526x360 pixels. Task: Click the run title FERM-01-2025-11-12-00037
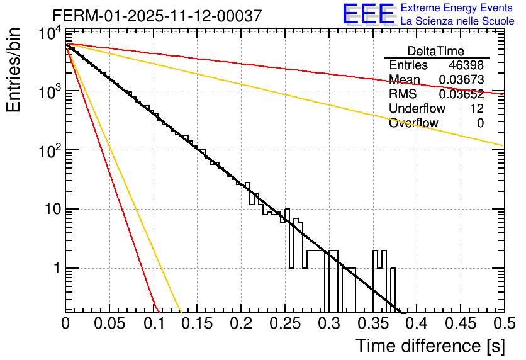tap(157, 16)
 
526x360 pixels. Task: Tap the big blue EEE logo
tap(368, 14)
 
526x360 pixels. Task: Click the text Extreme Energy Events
tap(457, 8)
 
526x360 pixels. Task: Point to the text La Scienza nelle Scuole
tap(457, 21)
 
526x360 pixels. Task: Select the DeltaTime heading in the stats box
tap(436, 51)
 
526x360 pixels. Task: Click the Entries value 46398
tap(466, 65)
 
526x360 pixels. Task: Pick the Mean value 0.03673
tap(461, 80)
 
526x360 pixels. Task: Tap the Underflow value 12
tap(477, 109)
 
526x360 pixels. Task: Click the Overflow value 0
tap(480, 123)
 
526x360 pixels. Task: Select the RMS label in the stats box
tap(403, 94)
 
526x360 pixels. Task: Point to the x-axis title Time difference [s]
tap(430, 346)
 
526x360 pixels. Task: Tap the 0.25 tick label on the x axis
tap(284, 324)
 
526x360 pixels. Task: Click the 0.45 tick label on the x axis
tap(459, 324)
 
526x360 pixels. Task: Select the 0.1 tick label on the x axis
tap(153, 324)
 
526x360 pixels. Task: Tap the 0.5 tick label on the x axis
tap(503, 324)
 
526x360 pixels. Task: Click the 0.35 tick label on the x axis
tap(372, 324)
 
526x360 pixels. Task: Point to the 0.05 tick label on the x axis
tap(109, 324)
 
